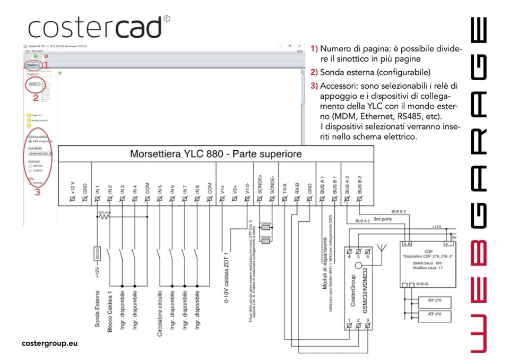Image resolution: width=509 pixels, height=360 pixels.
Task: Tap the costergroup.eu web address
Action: click(x=50, y=343)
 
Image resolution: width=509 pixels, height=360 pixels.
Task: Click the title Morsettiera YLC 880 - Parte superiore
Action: click(x=216, y=155)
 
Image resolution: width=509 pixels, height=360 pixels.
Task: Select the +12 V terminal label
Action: click(x=73, y=186)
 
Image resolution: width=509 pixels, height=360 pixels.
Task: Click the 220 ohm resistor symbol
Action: click(x=103, y=218)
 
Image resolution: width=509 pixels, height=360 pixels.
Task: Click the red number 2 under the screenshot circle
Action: click(x=36, y=97)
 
